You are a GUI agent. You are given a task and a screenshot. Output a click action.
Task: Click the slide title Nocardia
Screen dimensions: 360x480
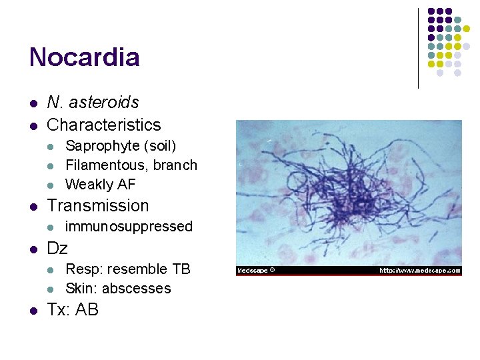(84, 57)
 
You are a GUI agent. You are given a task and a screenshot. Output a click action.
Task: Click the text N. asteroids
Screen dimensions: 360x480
(93, 103)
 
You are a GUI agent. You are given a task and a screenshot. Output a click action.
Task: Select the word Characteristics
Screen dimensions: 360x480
(104, 125)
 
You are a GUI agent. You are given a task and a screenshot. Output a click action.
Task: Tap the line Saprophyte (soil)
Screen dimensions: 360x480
(121, 146)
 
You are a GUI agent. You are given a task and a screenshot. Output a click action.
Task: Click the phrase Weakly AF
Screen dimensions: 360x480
(100, 184)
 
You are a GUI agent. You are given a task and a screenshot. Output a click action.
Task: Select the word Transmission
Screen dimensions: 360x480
(98, 206)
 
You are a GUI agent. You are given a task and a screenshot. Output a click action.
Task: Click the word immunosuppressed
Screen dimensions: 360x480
(129, 227)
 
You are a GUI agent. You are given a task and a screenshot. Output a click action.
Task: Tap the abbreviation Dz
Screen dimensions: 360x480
(57, 249)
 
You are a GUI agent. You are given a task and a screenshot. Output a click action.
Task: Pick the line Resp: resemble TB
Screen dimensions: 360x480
(127, 269)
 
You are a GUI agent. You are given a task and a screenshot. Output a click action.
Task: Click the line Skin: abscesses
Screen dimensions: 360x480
(118, 289)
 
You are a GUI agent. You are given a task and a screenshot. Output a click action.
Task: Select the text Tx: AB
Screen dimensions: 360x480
(73, 310)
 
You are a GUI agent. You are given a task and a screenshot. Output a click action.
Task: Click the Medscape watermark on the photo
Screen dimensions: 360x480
(255, 271)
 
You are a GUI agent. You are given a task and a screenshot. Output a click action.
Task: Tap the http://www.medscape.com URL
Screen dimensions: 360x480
(419, 271)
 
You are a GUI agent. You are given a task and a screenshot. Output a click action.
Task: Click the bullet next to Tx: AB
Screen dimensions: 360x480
(32, 311)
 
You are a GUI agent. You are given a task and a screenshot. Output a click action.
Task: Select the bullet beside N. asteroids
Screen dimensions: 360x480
(32, 103)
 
